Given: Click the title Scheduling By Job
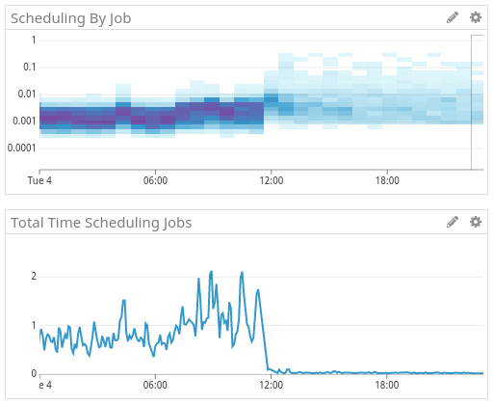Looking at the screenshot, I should pos(70,17).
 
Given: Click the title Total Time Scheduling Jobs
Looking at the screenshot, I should pos(101,223).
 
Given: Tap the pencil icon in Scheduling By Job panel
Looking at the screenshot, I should pos(453,17).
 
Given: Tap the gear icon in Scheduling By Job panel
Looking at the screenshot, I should pos(475,17).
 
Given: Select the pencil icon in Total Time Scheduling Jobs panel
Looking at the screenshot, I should pos(453,222).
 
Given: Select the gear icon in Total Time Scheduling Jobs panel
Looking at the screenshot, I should pos(475,222).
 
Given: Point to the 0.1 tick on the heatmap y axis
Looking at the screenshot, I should pos(28,67).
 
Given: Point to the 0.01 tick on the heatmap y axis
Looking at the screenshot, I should pos(26,94).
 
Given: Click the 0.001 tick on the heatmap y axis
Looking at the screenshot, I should pos(23,121).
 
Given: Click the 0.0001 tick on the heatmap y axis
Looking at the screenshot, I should pos(20,148).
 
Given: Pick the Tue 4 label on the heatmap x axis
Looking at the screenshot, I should pos(39,180).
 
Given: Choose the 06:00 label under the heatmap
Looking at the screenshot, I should pos(155,180).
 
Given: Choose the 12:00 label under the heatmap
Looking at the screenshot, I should pos(271,180).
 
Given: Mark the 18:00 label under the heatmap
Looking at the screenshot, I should pos(387,180).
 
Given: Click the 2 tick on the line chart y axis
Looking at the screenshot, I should pos(34,276).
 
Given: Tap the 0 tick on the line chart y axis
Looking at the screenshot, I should pos(34,373).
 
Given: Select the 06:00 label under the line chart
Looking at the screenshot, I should pos(155,385).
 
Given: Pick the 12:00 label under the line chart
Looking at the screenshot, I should pos(271,385).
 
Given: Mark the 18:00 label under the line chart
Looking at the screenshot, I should pos(387,385).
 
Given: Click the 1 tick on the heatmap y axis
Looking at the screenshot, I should pos(34,40).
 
